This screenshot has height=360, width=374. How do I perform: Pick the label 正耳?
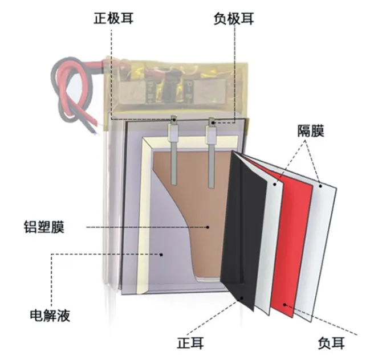coord(190,343)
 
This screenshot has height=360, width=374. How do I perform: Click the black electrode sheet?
coord(245,228)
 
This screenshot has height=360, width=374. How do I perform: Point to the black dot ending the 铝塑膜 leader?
coord(208,227)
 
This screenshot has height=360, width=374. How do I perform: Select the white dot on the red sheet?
coord(284,305)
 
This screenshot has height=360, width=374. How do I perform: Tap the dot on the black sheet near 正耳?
coord(242,297)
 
